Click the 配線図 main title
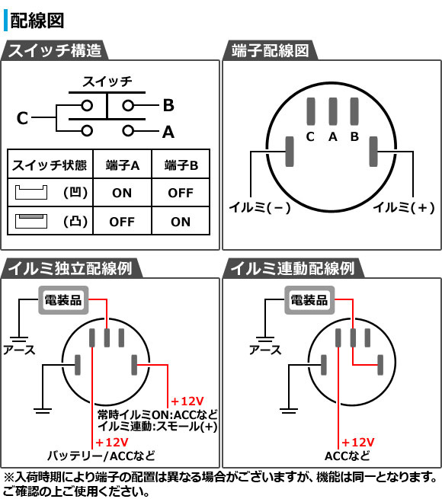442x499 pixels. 37,21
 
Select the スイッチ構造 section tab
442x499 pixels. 55,50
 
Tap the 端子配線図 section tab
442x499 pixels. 270,50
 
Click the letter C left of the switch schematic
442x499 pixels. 22,118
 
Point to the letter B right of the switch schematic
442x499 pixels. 168,105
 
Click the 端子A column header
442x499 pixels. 123,165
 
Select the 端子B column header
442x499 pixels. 181,165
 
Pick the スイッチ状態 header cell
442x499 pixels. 50,165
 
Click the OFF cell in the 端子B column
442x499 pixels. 181,193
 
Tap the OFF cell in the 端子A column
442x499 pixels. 122,222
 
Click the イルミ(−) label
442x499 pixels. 260,207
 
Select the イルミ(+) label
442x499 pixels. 404,207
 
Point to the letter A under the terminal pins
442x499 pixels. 333,137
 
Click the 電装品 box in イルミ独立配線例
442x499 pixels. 63,300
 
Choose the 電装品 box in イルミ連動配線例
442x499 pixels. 309,300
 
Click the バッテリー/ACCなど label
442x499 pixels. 101,456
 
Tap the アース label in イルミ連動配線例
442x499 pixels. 265,350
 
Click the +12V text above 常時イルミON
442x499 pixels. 187,401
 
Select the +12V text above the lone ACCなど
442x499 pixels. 358,443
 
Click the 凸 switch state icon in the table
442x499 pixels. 31,221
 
